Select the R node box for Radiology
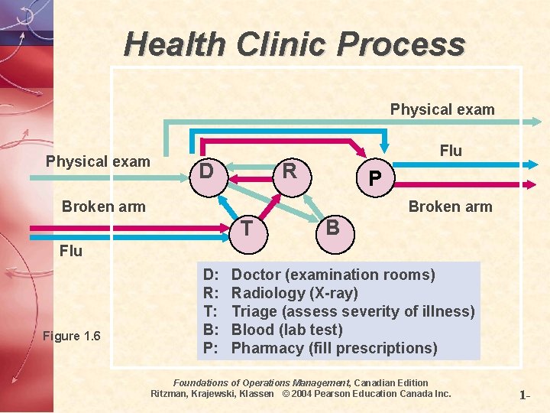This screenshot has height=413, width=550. pos(290,171)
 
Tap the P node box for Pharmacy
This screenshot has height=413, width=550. pos(374,178)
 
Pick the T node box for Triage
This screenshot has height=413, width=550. pos(247,227)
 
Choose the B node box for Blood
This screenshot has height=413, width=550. pos(332,227)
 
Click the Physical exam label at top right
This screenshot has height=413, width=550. pos(442,109)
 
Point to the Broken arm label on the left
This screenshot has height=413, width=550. pos(103,207)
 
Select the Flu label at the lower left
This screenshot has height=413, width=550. pos(71,250)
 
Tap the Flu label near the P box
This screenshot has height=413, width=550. pos(451,151)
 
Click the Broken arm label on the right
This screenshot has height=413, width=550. pos(450,206)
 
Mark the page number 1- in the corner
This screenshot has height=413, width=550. pos(525,395)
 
